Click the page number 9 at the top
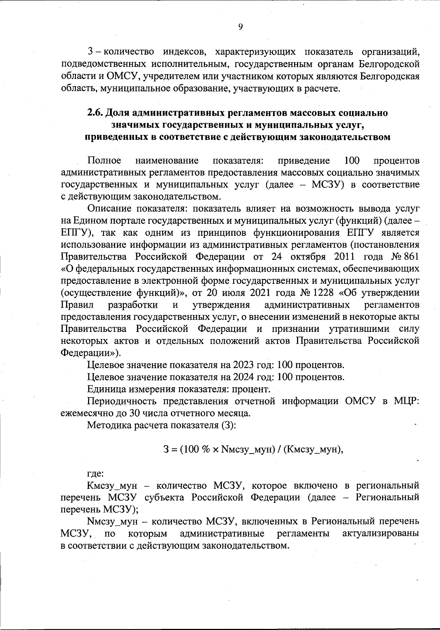tap(241, 27)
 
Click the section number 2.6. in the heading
tap(95, 113)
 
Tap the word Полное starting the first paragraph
tap(104, 161)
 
